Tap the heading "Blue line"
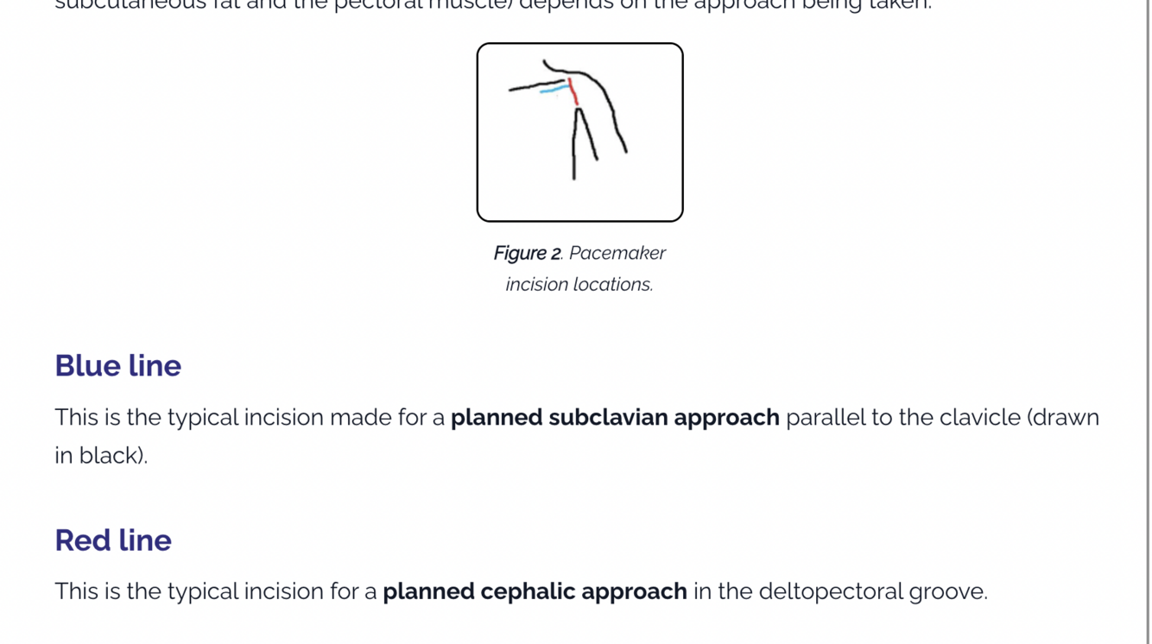click(x=117, y=365)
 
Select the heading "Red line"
click(x=113, y=540)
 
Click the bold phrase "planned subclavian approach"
click(x=615, y=418)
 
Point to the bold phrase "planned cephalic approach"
click(x=535, y=592)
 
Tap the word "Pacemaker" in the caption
click(x=617, y=253)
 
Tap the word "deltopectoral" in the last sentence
click(x=830, y=592)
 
